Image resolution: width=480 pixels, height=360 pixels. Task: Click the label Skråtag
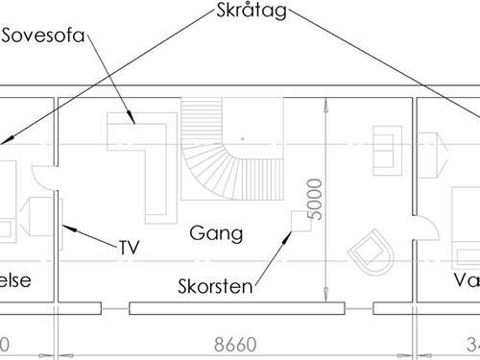point(247,13)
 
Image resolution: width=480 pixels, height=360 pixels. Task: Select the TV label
point(130,247)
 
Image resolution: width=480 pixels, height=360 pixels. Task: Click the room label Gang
point(216,233)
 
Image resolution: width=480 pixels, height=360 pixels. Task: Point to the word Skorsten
point(214,286)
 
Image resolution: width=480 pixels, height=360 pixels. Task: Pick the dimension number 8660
point(237,344)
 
